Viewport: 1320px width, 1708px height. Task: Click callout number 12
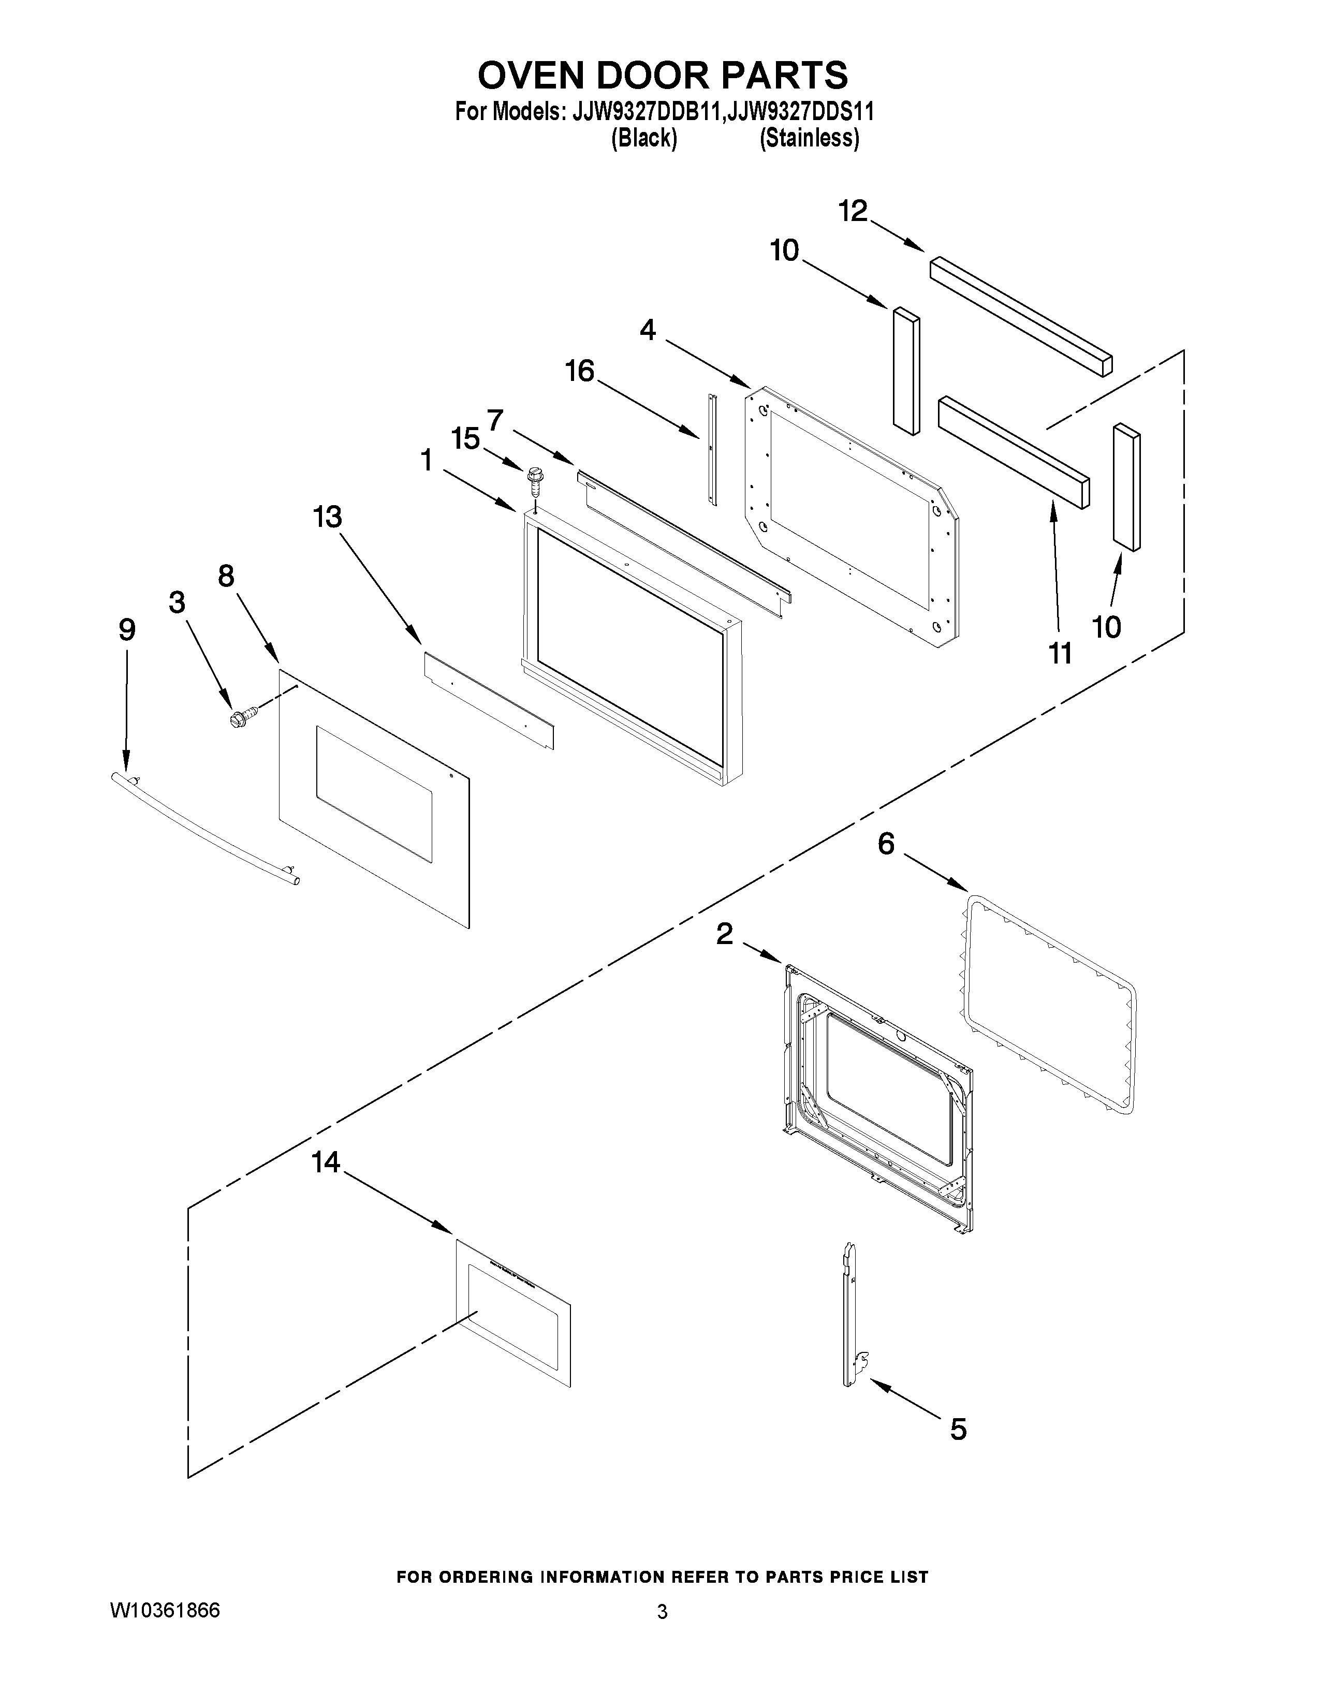(853, 211)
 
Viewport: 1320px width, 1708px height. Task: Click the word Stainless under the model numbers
(810, 138)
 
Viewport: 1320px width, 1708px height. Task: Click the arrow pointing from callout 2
(761, 952)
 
